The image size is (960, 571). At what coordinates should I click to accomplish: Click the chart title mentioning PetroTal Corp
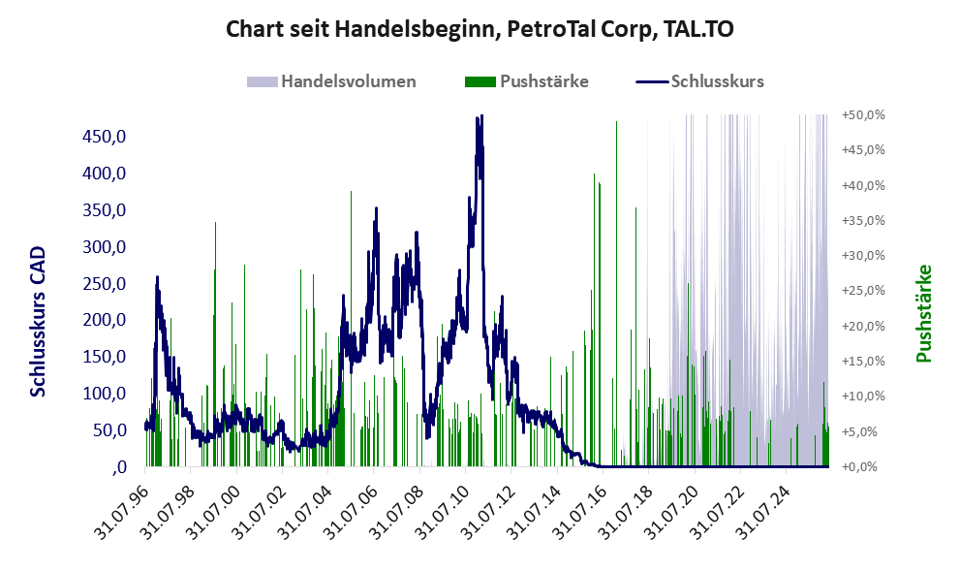pos(480,29)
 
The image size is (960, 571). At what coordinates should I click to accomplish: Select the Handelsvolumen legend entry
pos(331,81)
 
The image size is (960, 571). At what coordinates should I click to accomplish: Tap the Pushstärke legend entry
pos(527,81)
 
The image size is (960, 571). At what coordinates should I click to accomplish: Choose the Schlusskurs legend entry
pos(699,81)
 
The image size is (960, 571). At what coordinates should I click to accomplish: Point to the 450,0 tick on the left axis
pos(104,136)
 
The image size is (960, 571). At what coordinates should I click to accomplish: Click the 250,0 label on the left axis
pos(104,283)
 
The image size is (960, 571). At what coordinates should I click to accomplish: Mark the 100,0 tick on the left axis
pos(104,393)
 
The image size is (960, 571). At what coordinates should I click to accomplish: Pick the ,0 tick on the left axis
pos(119,467)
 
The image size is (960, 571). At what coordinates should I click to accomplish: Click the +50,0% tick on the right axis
pos(863,115)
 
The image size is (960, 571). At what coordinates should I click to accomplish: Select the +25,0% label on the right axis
pos(863,291)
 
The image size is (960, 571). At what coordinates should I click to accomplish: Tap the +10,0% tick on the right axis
pos(863,396)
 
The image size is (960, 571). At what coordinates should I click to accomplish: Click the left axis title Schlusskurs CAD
pos(38,322)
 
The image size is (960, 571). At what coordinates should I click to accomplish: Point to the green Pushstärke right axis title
pos(924,313)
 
